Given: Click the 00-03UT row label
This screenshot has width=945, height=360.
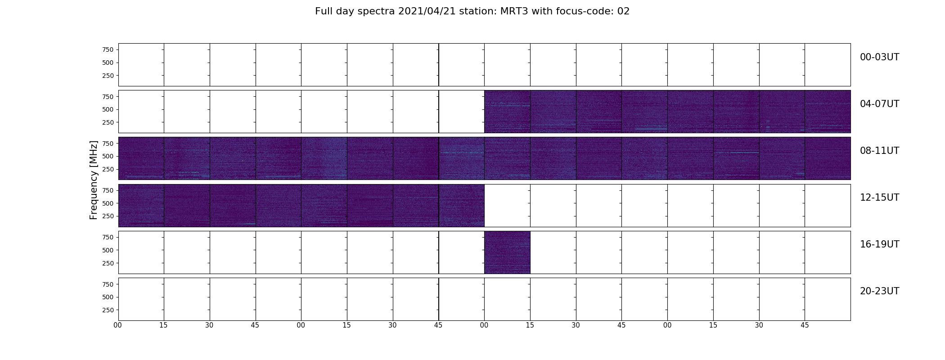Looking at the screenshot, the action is [x=879, y=57].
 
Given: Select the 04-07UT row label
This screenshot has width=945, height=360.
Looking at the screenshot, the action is [x=879, y=104].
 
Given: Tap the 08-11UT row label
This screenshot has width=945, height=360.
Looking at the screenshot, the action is [x=879, y=151].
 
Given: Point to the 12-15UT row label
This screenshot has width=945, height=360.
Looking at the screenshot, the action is [x=879, y=198].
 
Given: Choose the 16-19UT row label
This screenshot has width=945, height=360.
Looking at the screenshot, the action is [x=879, y=244].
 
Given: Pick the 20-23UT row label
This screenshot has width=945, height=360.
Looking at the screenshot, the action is [x=879, y=291].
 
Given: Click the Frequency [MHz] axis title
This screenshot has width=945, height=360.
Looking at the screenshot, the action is [x=94, y=180].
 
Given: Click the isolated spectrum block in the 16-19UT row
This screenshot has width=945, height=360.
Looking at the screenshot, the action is [x=507, y=252].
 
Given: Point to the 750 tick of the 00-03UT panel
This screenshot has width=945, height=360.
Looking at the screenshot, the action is [x=108, y=49].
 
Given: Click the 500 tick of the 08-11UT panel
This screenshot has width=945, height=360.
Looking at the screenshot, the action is [x=108, y=156].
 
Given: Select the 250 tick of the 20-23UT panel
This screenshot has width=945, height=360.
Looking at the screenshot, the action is [x=108, y=310].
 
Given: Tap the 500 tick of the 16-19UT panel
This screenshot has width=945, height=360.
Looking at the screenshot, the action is [x=108, y=250].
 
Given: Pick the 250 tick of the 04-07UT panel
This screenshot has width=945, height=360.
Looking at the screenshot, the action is [x=108, y=122].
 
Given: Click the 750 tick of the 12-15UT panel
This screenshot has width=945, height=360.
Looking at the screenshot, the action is [x=108, y=190].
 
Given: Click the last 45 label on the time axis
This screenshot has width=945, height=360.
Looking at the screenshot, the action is [x=805, y=325].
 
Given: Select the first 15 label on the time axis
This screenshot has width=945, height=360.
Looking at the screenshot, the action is [x=163, y=325].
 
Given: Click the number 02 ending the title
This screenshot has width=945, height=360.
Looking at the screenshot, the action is [x=623, y=11].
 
